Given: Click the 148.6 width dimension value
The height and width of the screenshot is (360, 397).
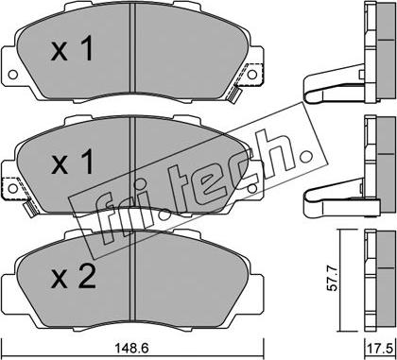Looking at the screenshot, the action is coord(131,348).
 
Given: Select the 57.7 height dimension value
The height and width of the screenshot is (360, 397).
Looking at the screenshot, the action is coord(334,279).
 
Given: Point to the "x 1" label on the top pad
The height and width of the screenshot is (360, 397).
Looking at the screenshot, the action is coord(72,48).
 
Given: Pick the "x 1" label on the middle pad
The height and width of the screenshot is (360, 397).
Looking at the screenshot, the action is coord(72,162).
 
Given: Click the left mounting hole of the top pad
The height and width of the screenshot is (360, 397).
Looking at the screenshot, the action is coord(12,75).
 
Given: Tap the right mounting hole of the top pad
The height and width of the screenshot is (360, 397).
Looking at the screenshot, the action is coord(252,75).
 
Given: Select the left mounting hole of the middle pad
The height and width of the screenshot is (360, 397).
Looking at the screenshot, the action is coord(12,188).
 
